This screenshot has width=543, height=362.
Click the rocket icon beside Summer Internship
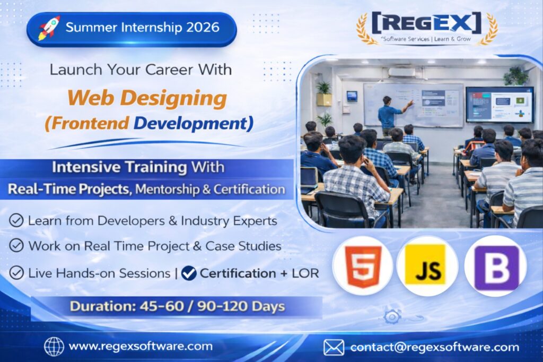tap(49, 28)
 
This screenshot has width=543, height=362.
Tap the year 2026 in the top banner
tap(203, 28)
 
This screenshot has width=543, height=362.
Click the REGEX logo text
tap(427, 23)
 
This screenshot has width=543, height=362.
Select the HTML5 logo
tap(363, 266)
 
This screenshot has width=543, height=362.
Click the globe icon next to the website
tap(54, 347)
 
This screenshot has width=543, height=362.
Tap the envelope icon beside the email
tap(334, 348)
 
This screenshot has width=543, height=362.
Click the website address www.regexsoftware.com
tap(141, 346)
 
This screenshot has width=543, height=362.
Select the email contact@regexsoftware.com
tap(435, 347)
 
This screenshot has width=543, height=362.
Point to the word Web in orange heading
tap(90, 98)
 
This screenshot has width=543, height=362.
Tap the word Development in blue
tap(191, 123)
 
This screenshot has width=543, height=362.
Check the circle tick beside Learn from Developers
tap(16, 220)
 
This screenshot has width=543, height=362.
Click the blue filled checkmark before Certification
tap(189, 273)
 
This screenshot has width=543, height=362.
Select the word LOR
tap(305, 273)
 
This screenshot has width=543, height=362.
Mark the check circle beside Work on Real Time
tap(16, 246)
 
